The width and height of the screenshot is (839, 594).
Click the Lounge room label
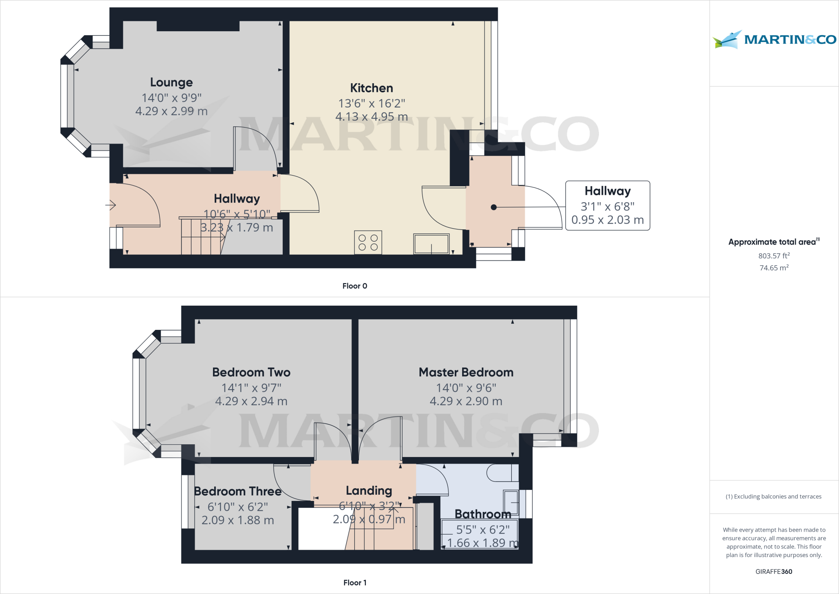coord(171,82)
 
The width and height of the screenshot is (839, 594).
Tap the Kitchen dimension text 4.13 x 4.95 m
coord(372,117)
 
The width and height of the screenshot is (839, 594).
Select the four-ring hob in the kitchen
coord(368,242)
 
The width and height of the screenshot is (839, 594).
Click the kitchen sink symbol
coord(431,244)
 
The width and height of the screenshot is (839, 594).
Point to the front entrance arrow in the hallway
coord(111,205)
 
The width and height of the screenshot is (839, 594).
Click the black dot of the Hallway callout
coord(494,207)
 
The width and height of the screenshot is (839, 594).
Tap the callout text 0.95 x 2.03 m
coord(608,220)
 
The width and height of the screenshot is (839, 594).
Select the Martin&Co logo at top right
coord(774,39)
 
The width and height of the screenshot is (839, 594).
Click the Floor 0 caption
coord(355,286)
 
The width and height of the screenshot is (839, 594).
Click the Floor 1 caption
coord(355,583)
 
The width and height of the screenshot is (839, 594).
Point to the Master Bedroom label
coord(466,372)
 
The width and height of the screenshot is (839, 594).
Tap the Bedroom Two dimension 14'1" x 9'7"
coord(251,388)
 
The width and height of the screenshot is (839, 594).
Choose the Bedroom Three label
coord(238,491)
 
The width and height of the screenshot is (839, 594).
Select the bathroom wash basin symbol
coord(511,503)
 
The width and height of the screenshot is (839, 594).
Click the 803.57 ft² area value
coord(774,256)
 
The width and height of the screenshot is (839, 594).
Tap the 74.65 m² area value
coord(774,267)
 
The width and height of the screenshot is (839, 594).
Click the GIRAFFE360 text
coord(774,571)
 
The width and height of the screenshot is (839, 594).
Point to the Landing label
coord(369,491)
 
